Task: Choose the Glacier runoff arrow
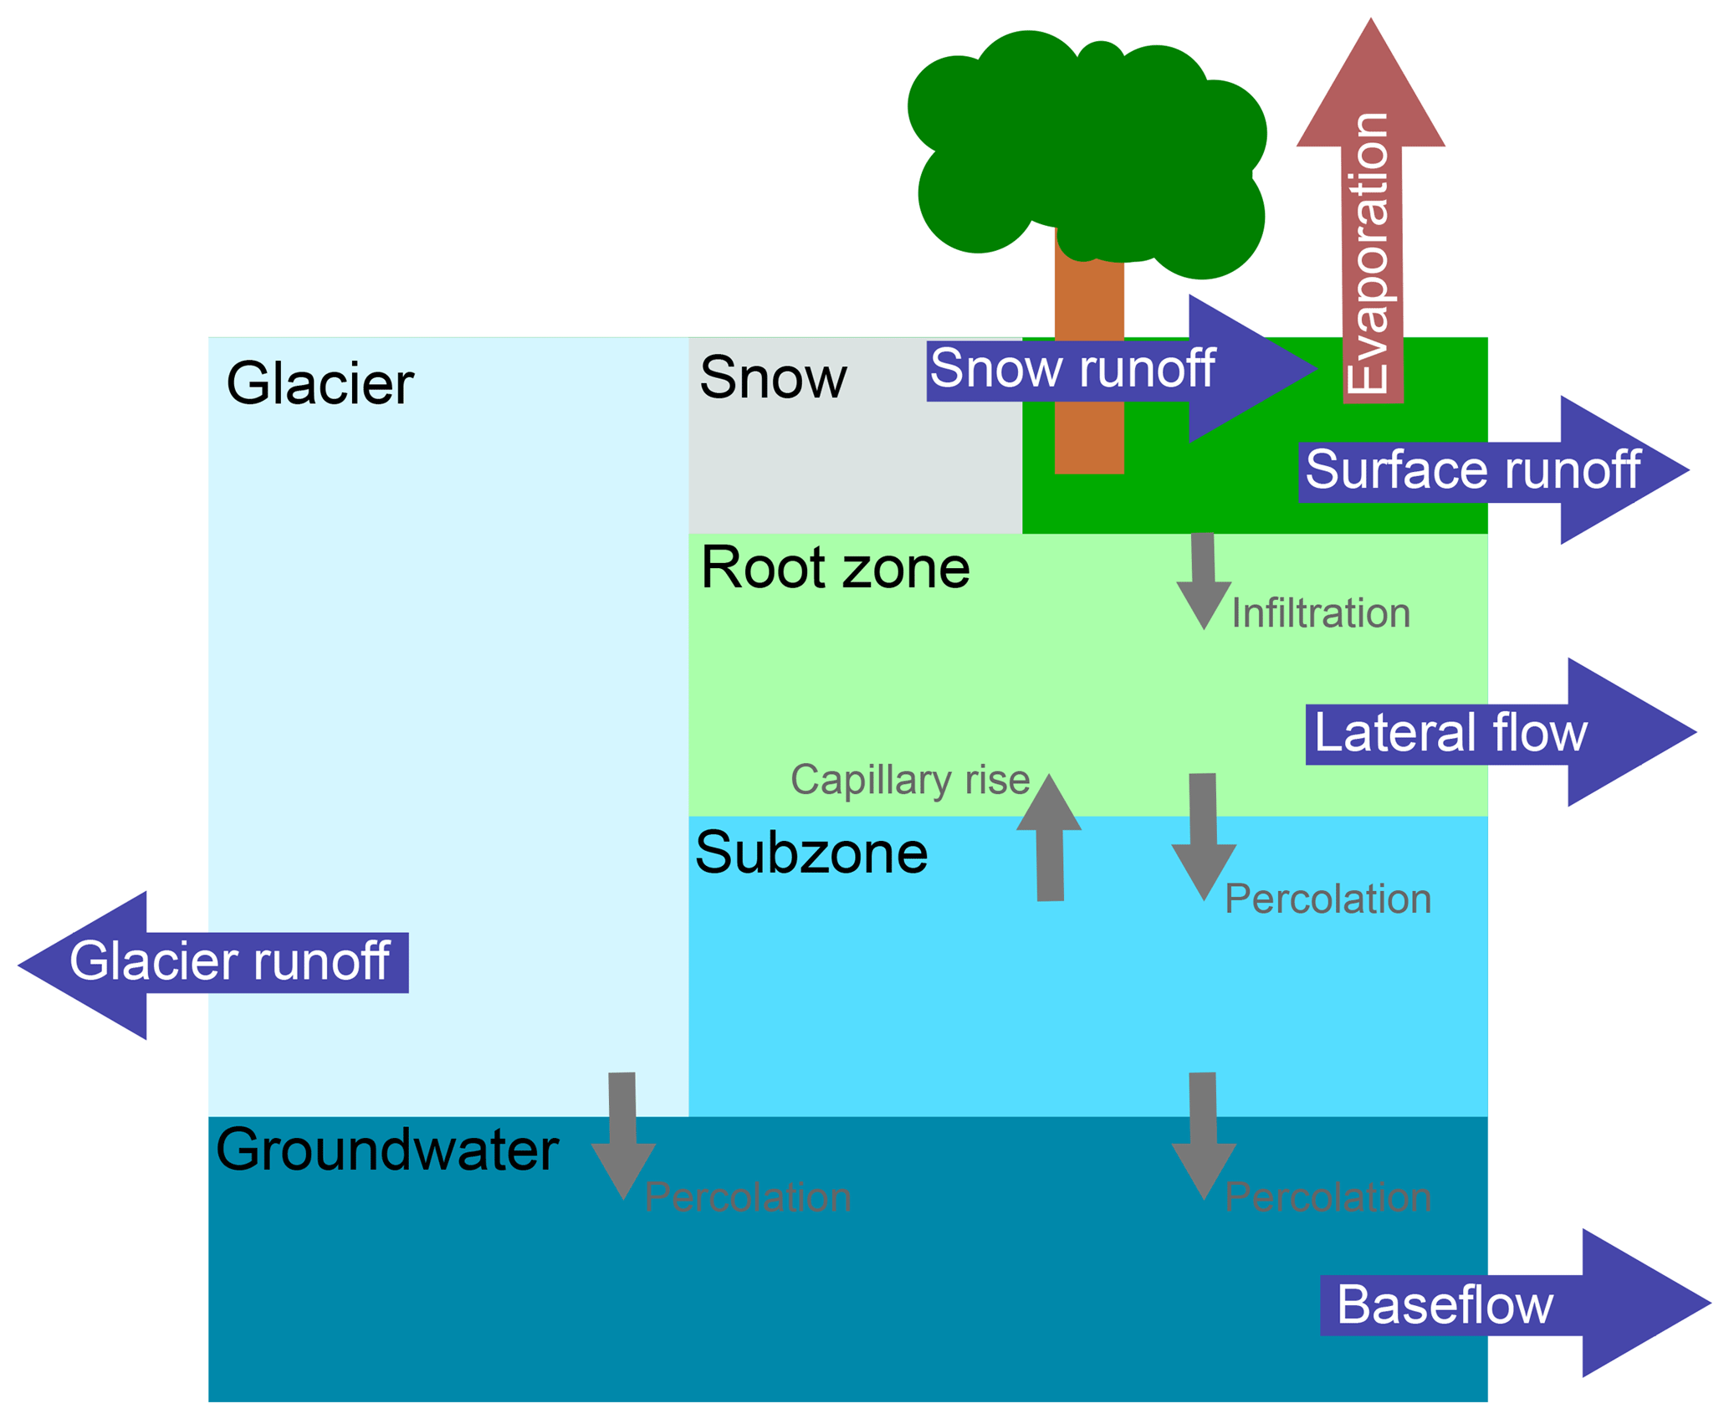[x=209, y=962]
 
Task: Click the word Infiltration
[x=1321, y=613]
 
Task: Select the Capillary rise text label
[x=910, y=780]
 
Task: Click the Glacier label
[x=320, y=384]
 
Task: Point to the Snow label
[x=773, y=377]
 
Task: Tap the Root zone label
[x=835, y=568]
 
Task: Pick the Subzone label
[x=811, y=853]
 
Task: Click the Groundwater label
[x=386, y=1150]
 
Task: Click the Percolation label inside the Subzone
[x=1328, y=899]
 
